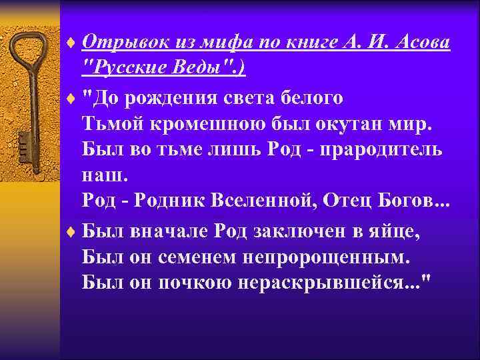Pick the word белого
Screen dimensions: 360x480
[x=311, y=98]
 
